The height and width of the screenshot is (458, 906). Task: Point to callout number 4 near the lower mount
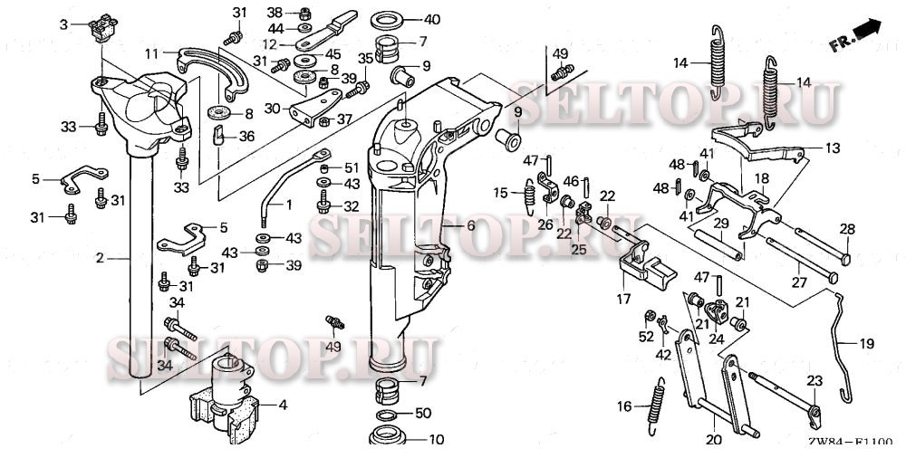[x=282, y=405]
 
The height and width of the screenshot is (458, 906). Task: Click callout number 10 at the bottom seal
[x=436, y=441]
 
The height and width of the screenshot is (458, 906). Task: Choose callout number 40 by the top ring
[x=432, y=19]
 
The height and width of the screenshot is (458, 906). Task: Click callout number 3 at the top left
[x=63, y=24]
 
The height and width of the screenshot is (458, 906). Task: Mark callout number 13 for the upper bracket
[x=831, y=146]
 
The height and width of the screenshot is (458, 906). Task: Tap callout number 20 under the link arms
[x=714, y=441]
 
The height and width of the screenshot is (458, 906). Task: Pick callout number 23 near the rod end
[x=814, y=380]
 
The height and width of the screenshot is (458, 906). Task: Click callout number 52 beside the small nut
[x=645, y=337]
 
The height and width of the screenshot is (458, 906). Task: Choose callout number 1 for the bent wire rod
[x=289, y=205]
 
